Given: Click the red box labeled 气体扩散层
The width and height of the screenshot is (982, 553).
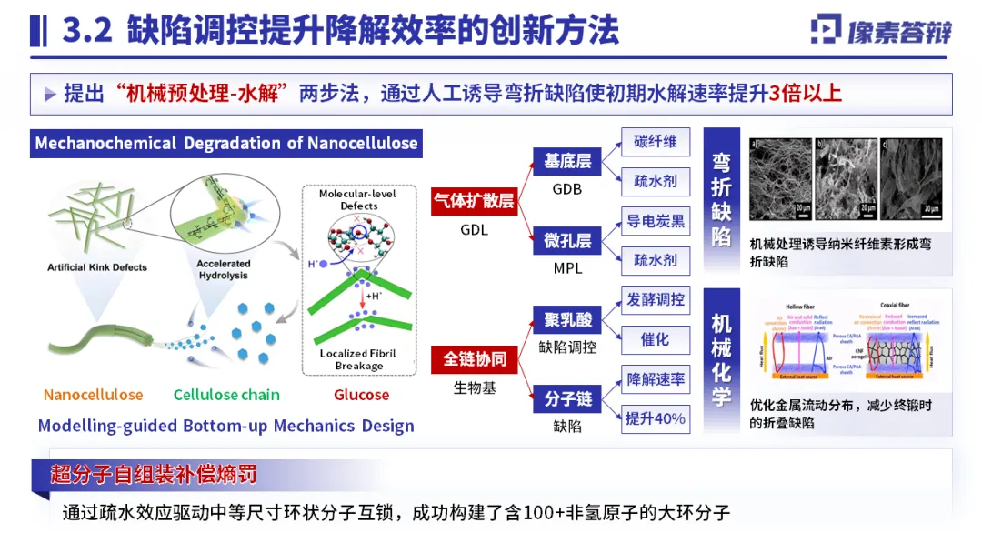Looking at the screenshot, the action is (474, 201).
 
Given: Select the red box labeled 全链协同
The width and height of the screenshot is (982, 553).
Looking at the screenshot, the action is (474, 359).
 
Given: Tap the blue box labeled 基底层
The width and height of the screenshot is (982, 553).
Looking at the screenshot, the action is (567, 162).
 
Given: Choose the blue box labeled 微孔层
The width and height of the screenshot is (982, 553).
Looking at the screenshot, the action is (567, 241).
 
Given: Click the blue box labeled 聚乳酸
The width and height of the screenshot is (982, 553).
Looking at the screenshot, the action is (567, 320).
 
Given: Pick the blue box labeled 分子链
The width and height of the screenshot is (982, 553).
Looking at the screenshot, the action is (567, 399).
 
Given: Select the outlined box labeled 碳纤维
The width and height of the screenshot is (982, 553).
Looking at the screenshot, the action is (656, 142).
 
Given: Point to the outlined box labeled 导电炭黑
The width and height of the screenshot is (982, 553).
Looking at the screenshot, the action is (656, 221).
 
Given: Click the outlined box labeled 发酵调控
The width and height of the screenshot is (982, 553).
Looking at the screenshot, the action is (656, 299).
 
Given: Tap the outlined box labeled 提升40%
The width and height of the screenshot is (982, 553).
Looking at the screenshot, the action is (656, 419).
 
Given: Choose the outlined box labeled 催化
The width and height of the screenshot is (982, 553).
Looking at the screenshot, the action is (656, 339).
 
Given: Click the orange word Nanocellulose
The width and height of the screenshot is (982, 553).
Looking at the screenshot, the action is (93, 395).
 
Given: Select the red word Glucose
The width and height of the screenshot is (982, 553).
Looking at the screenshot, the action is (361, 395).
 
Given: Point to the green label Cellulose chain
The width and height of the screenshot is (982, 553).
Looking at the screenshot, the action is (226, 395).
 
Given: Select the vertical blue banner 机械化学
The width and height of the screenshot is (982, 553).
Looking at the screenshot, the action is (721, 360).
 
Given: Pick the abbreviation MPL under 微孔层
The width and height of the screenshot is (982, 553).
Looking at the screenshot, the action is (567, 268).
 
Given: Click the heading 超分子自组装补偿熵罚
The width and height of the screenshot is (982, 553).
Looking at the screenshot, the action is (155, 474).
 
